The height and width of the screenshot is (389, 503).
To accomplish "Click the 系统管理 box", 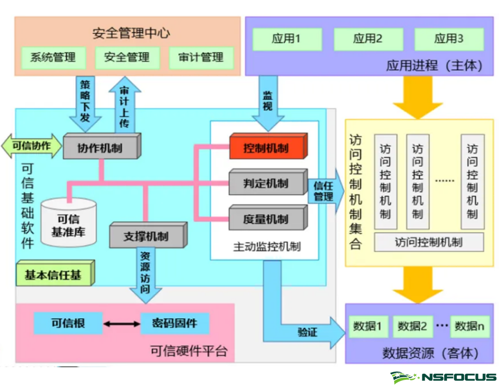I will point(52,57).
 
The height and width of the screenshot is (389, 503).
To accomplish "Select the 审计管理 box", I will point(201,57).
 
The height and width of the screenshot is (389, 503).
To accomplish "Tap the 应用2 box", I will point(367,39).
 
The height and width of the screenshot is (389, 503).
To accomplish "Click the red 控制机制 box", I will point(267,148).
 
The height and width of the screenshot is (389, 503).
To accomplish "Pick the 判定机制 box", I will point(267,183).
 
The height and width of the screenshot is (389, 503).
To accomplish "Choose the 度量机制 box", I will point(267,219).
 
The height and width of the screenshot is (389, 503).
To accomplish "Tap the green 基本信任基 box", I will point(53,275).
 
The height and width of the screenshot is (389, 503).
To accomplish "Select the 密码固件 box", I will point(174,323).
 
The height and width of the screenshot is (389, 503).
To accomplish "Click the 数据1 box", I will point(367,326).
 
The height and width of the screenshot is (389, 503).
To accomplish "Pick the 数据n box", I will point(469,326).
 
